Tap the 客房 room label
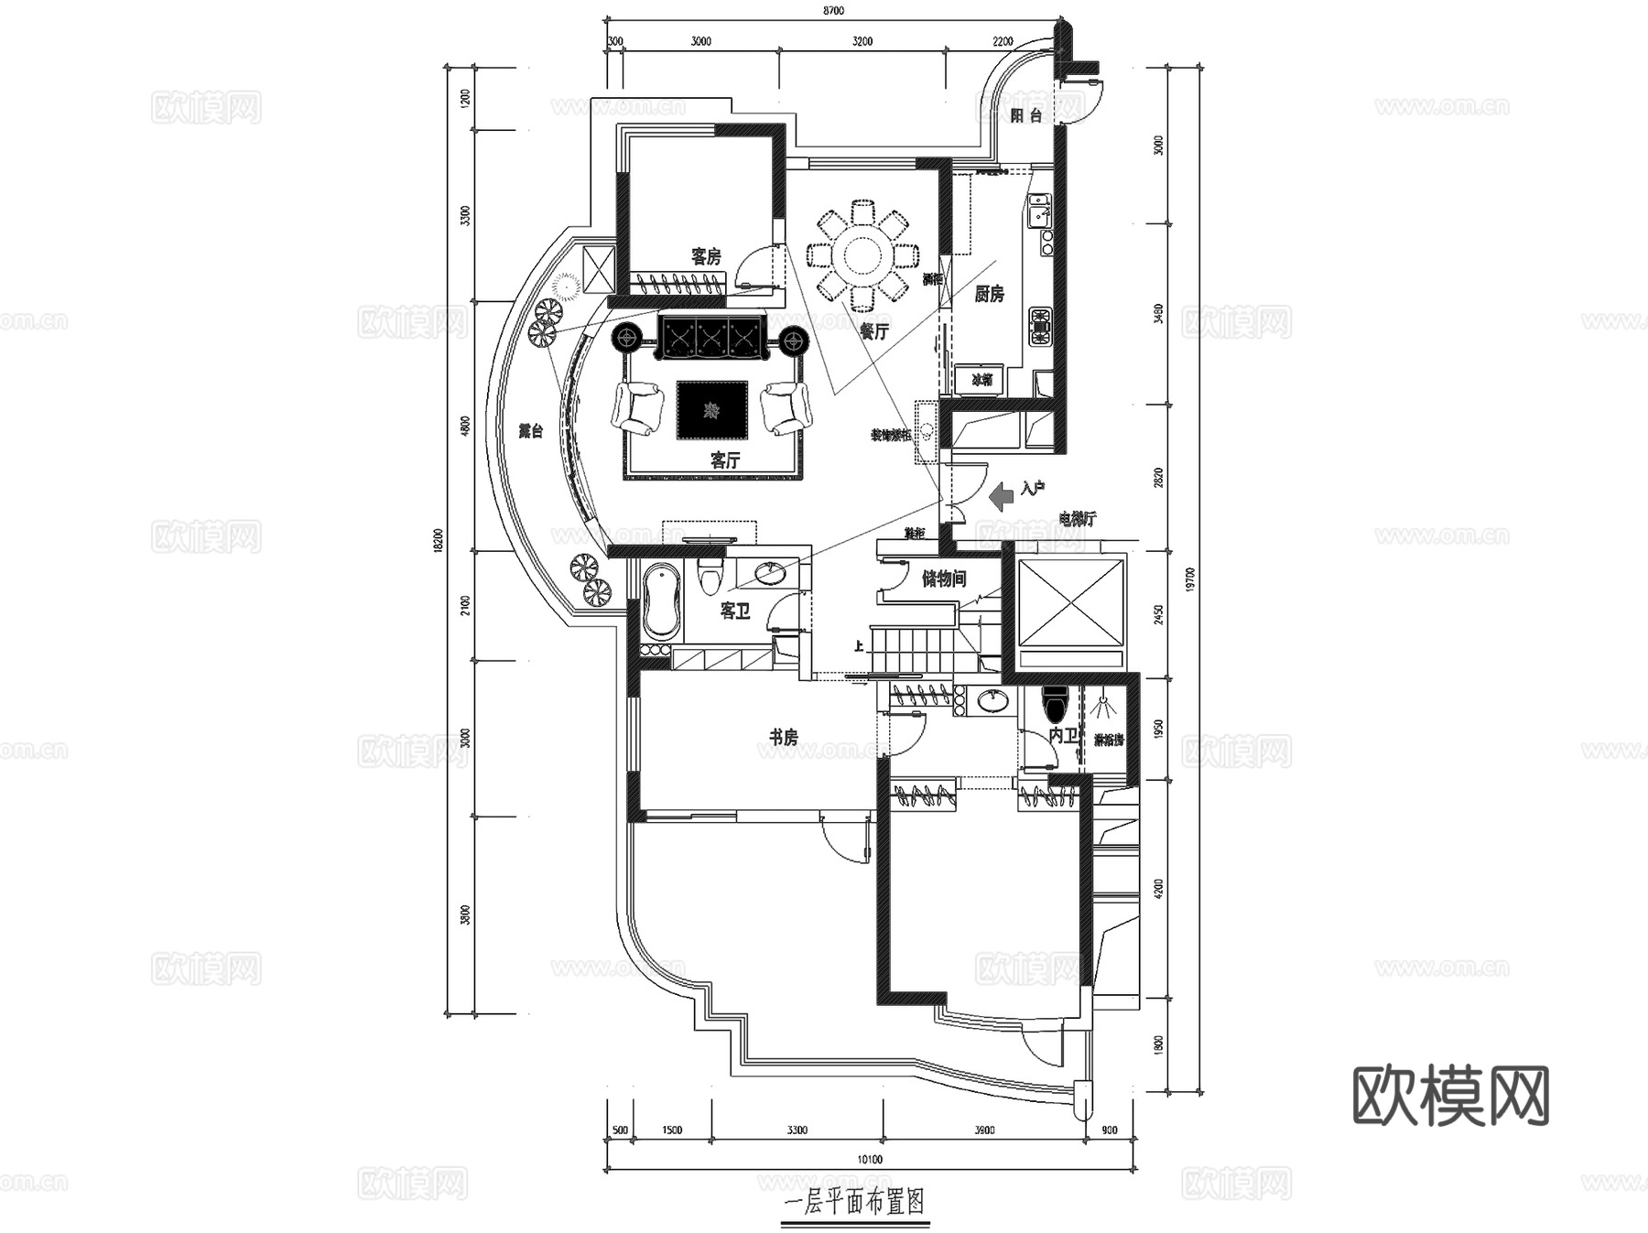click(x=705, y=257)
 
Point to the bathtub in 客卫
click(x=661, y=602)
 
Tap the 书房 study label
click(x=783, y=737)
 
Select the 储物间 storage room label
click(x=943, y=579)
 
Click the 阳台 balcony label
click(x=1026, y=115)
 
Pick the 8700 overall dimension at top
click(x=832, y=11)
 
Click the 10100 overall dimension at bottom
click(x=870, y=1160)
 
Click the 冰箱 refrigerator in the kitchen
click(x=981, y=379)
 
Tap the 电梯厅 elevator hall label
click(x=1077, y=519)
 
